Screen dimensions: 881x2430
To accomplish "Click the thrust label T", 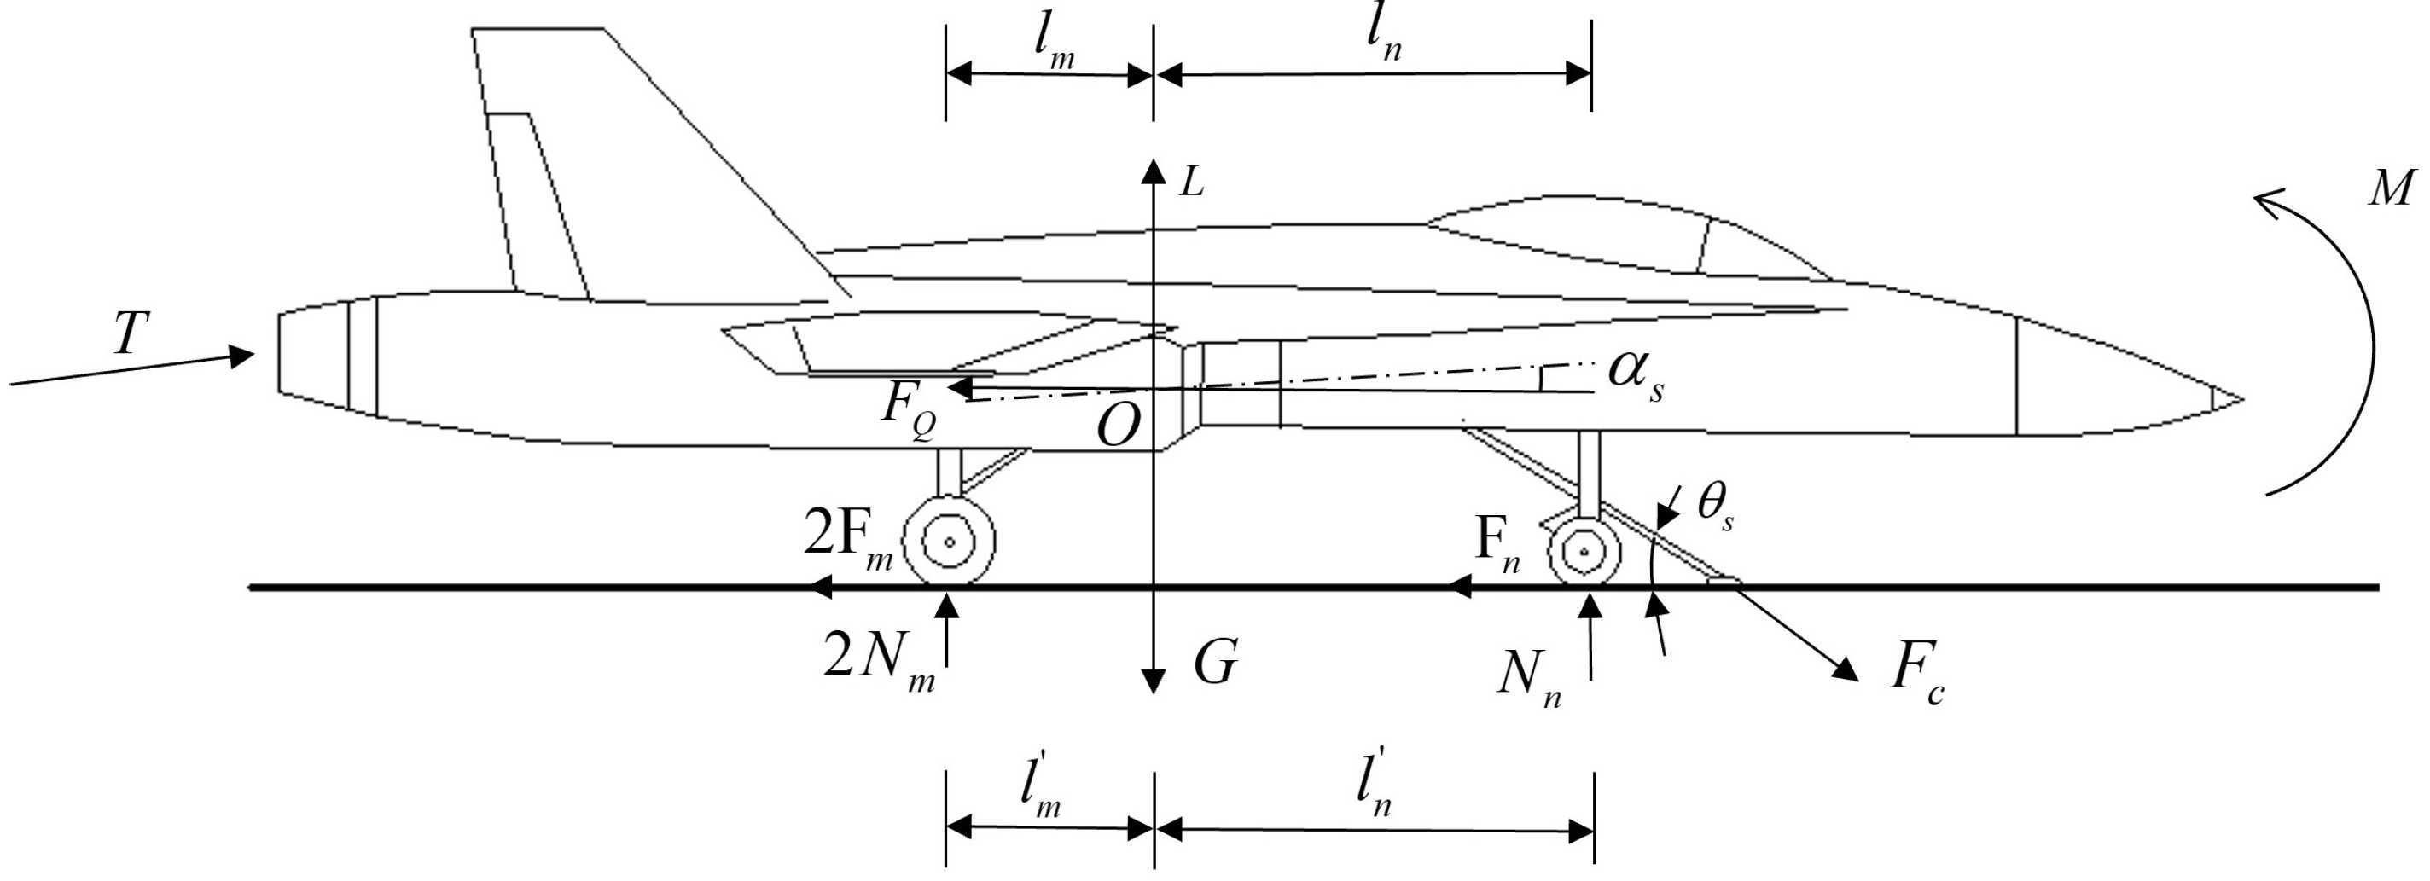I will [131, 333].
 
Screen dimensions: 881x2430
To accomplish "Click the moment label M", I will [2392, 188].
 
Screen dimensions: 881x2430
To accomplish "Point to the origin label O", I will [1118, 426].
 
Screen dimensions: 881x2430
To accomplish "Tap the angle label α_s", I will [1635, 374].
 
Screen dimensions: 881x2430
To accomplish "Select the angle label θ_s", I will [1715, 507].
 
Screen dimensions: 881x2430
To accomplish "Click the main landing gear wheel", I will [949, 542].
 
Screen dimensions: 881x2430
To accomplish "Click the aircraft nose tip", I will [2241, 399].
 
